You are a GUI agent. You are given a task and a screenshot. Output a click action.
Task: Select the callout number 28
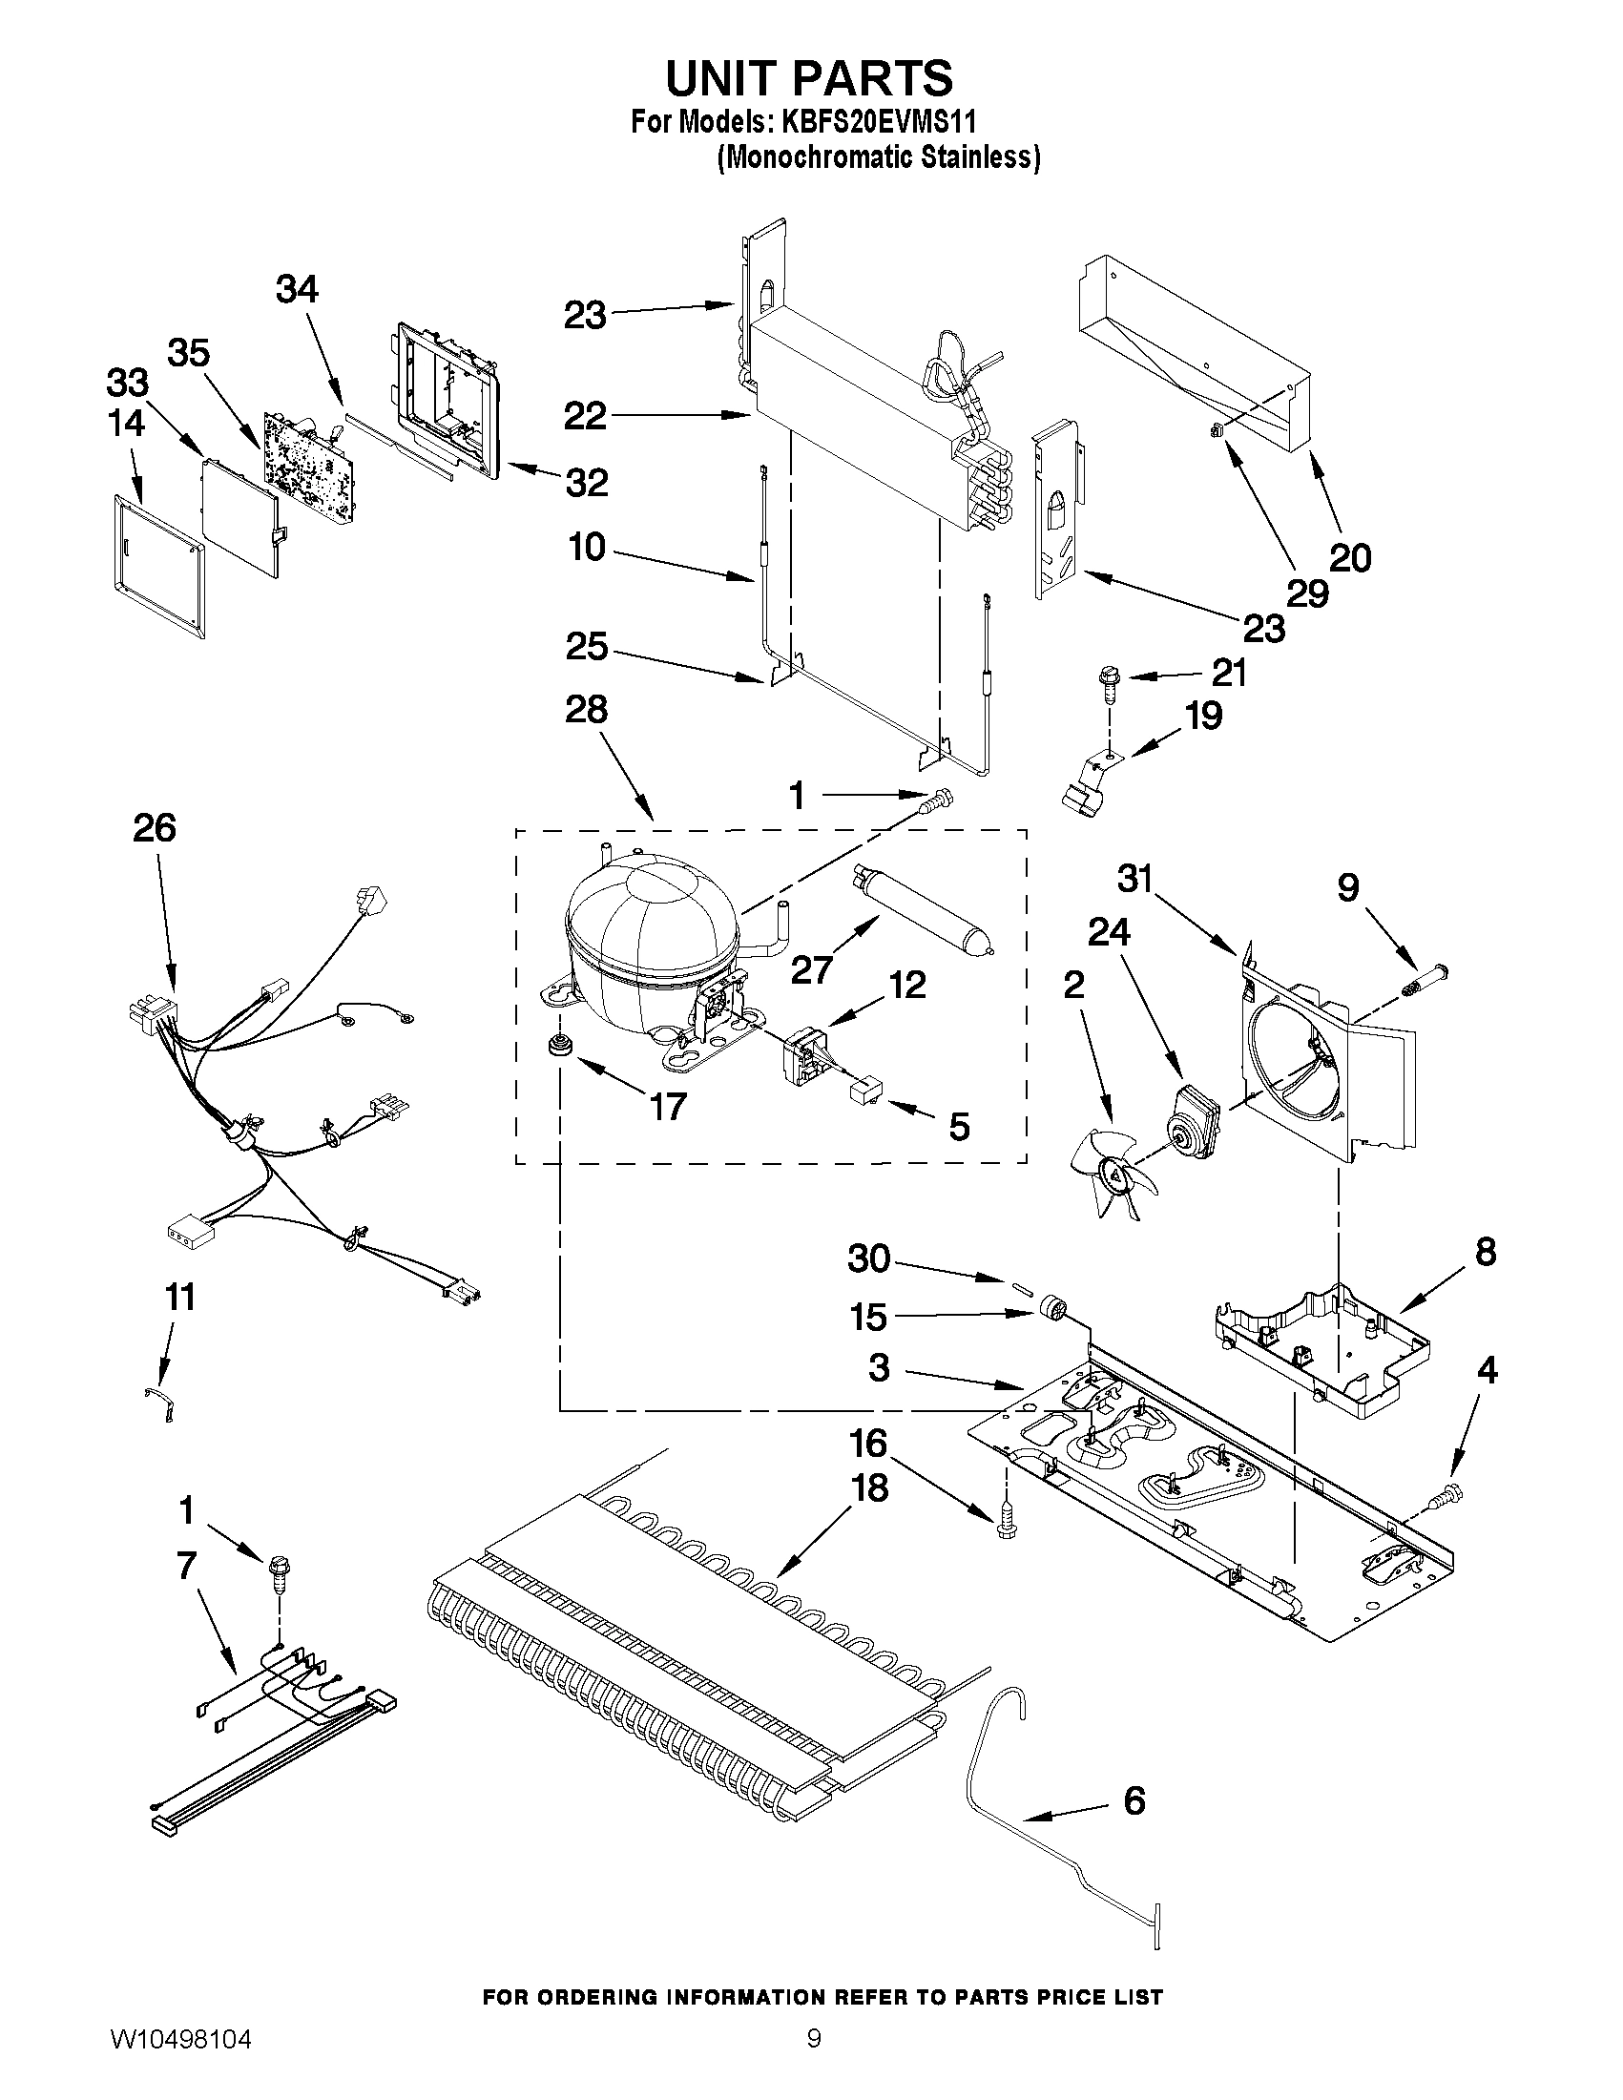587,710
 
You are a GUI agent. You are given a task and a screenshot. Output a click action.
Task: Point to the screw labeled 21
1107,684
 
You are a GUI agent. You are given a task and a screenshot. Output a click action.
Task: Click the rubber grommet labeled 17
555,1046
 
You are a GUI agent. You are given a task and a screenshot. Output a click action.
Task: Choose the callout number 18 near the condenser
869,1488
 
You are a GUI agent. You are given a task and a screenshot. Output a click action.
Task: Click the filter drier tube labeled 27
919,910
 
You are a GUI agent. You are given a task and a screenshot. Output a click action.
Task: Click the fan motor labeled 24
1192,1117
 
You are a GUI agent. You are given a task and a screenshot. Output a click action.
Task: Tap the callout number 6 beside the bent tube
1134,1800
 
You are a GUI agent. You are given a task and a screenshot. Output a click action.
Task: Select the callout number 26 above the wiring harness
155,828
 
